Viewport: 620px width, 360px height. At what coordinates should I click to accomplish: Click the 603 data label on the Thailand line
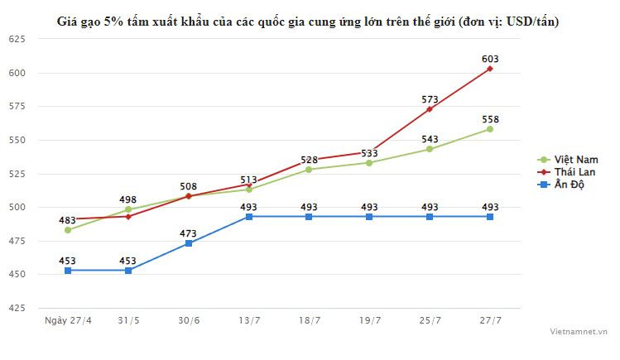tap(490, 59)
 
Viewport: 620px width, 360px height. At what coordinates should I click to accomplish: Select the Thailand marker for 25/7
tap(430, 109)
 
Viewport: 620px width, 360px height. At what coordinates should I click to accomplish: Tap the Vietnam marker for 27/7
tap(490, 129)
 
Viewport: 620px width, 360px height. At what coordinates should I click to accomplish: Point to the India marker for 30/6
tap(189, 243)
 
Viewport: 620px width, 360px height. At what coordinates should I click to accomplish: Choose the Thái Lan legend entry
tap(573, 170)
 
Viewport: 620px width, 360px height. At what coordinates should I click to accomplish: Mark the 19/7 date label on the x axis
tap(369, 320)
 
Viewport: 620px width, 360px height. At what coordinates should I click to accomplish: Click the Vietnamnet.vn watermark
tap(579, 330)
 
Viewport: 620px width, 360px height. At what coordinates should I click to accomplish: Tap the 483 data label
tap(68, 220)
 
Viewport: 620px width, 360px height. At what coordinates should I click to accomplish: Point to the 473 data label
tap(189, 233)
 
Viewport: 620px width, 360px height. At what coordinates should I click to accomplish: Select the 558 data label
tap(490, 119)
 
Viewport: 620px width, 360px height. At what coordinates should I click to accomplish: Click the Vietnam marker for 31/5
tap(128, 209)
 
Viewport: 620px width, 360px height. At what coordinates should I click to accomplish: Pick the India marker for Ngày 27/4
tap(68, 271)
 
